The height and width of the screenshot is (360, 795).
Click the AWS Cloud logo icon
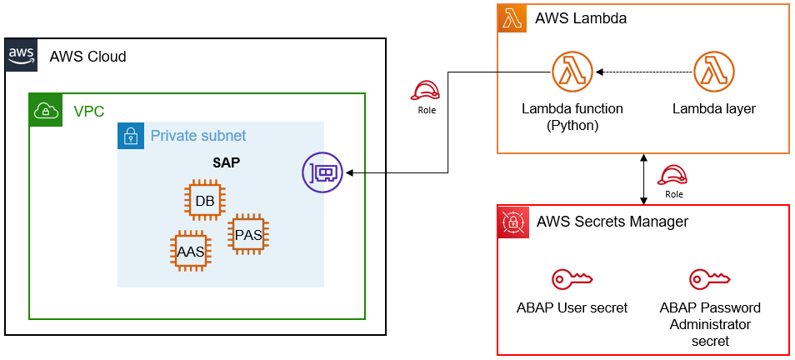pyautogui.click(x=22, y=55)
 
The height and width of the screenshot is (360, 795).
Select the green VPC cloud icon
pyautogui.click(x=44, y=110)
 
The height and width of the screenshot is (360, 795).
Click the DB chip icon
pyautogui.click(x=204, y=200)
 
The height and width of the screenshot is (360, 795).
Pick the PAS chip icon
pyautogui.click(x=247, y=234)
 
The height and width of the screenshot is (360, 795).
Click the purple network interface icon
pyautogui.click(x=322, y=173)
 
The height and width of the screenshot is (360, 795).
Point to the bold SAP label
pyautogui.click(x=226, y=162)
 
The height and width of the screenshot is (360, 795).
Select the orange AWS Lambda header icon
pyautogui.click(x=512, y=18)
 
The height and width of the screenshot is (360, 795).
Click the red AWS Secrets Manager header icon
pyautogui.click(x=512, y=221)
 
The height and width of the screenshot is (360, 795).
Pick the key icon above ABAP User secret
pyautogui.click(x=572, y=279)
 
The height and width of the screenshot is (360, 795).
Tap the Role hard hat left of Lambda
pyautogui.click(x=426, y=92)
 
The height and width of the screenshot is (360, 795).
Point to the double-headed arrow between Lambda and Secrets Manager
pyautogui.click(x=642, y=179)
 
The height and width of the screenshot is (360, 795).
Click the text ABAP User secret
pyautogui.click(x=572, y=308)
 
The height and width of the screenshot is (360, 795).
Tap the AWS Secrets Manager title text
pyautogui.click(x=612, y=222)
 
